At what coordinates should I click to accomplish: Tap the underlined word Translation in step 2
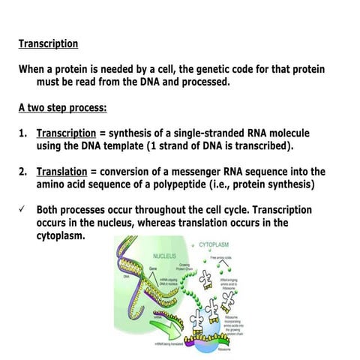pos(63,172)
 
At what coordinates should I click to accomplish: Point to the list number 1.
pos(23,133)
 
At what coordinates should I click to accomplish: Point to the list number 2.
pos(23,172)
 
